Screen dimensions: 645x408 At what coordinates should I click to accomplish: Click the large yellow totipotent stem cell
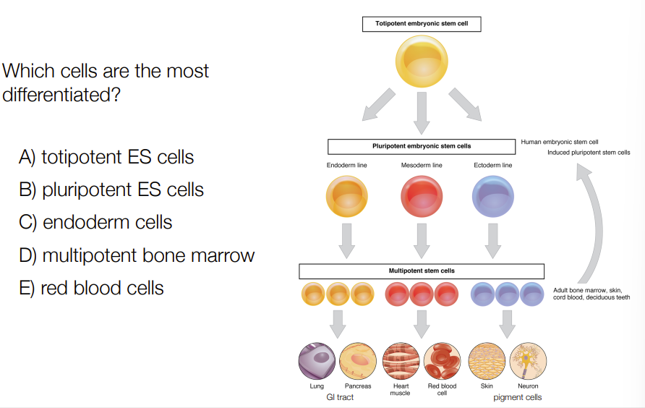point(422,61)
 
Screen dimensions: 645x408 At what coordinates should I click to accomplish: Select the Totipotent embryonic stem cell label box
point(422,24)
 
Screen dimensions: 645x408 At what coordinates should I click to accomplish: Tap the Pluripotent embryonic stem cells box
point(422,146)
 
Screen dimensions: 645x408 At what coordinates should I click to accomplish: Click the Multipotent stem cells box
point(422,271)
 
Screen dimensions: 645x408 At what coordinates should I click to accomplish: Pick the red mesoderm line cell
point(422,196)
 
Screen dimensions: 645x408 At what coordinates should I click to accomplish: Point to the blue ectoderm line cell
point(493,196)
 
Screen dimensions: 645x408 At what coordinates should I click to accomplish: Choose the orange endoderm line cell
point(347,196)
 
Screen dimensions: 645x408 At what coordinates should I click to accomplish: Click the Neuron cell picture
point(528,361)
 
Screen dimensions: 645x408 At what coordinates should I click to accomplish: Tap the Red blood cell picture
point(443,361)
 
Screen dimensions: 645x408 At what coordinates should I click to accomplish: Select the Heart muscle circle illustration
point(401,361)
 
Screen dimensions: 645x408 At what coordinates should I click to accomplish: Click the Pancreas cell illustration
point(358,361)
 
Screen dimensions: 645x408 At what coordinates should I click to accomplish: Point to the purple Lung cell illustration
point(317,361)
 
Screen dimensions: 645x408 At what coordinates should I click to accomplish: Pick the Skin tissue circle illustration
point(487,361)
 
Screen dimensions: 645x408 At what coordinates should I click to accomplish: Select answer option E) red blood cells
point(91,288)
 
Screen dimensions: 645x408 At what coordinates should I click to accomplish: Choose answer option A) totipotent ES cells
point(106,157)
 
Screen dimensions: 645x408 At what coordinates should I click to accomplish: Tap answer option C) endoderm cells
point(95,222)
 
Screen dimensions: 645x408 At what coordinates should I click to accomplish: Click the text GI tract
point(340,397)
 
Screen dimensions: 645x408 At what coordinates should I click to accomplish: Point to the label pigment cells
point(518,398)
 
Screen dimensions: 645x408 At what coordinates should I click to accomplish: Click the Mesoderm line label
point(422,165)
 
